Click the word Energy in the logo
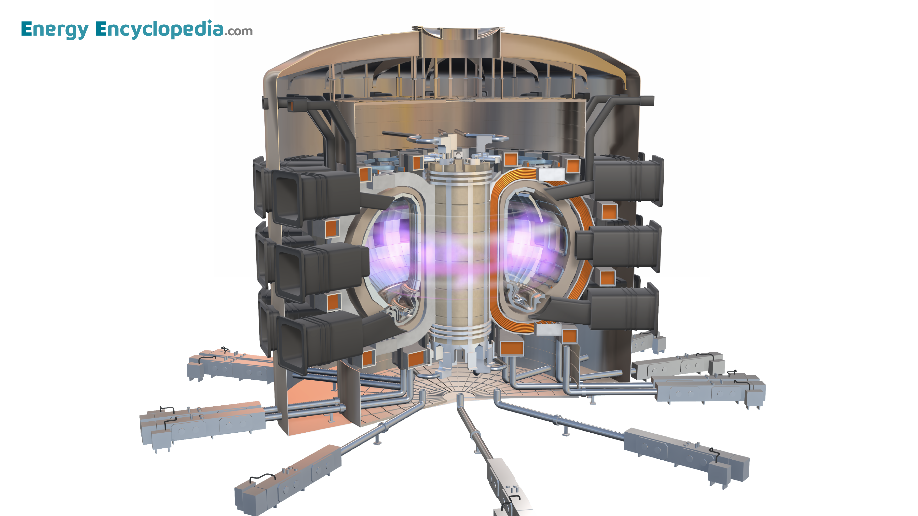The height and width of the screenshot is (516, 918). pos(55,30)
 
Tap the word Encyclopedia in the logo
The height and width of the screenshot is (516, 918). pos(160,29)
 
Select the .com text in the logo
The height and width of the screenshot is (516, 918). pos(238,31)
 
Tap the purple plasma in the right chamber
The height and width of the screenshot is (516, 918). pos(527,246)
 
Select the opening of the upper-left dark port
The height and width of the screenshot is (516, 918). pos(287,198)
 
